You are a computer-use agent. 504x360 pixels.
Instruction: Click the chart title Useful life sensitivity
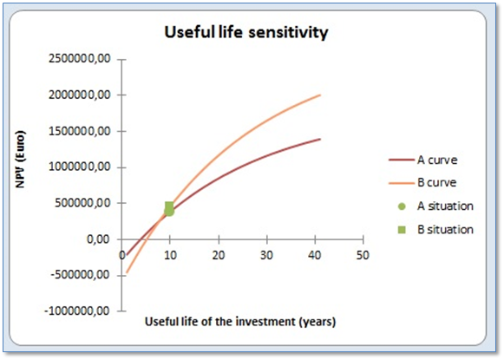pyautogui.click(x=246, y=32)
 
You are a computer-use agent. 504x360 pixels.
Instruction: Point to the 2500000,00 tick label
pyautogui.click(x=80, y=59)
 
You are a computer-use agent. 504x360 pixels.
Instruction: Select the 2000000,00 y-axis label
pyautogui.click(x=80, y=95)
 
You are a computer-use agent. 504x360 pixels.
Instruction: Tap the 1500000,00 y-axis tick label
pyautogui.click(x=80, y=131)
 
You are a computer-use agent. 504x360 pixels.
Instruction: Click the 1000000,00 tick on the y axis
pyautogui.click(x=80, y=167)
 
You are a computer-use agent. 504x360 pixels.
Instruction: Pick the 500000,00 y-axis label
pyautogui.click(x=82, y=203)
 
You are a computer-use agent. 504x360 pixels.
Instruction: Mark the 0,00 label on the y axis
pyautogui.click(x=98, y=239)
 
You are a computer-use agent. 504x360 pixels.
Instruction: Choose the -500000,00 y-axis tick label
pyautogui.click(x=81, y=276)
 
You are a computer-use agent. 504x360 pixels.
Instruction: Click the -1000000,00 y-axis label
pyautogui.click(x=77, y=311)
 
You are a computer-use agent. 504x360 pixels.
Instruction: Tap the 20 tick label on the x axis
pyautogui.click(x=219, y=255)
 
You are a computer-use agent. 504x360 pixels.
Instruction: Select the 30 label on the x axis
pyautogui.click(x=267, y=255)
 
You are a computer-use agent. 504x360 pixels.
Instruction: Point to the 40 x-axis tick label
pyautogui.click(x=315, y=255)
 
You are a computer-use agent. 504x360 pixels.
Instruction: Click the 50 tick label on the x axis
pyautogui.click(x=363, y=255)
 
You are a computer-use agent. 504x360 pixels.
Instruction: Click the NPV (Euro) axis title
pyautogui.click(x=21, y=159)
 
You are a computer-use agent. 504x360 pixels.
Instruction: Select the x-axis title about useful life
pyautogui.click(x=240, y=322)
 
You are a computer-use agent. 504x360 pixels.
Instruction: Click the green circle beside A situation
pyautogui.click(x=402, y=206)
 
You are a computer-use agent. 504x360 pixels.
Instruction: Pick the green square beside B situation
pyautogui.click(x=402, y=230)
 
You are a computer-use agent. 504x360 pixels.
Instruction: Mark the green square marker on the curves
pyautogui.click(x=169, y=206)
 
